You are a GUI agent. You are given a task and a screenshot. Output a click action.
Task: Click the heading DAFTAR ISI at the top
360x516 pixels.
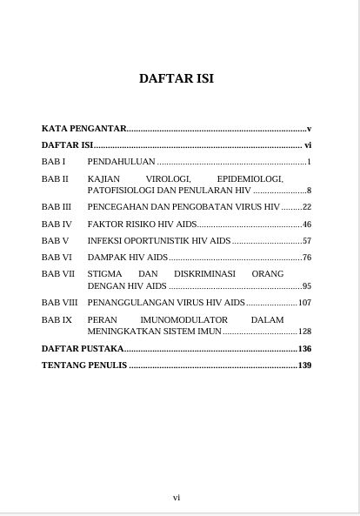[x=177, y=79]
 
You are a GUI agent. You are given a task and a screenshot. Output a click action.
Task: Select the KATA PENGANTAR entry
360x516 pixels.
[x=84, y=129]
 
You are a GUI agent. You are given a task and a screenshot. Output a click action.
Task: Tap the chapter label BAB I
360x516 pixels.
[x=54, y=162]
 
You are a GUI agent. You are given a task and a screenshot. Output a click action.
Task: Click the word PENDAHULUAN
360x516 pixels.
[x=121, y=162]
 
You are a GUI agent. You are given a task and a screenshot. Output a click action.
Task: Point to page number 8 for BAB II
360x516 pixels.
[x=309, y=190]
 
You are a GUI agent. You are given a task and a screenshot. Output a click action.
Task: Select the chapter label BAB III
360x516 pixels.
[x=57, y=207]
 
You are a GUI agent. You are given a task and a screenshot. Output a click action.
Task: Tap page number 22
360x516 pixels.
[x=306, y=207]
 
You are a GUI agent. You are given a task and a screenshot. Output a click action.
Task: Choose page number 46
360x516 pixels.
[x=306, y=224]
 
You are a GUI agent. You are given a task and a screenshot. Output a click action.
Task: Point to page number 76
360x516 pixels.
[x=306, y=258]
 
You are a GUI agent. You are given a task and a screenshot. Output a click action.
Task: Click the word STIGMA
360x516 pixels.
[x=105, y=274]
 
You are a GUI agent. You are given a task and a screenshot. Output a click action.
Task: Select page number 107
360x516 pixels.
[x=304, y=303]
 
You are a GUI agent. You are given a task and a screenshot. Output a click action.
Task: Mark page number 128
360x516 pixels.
[x=304, y=332]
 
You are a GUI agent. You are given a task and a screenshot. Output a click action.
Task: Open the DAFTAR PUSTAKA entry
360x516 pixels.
[x=83, y=348]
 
